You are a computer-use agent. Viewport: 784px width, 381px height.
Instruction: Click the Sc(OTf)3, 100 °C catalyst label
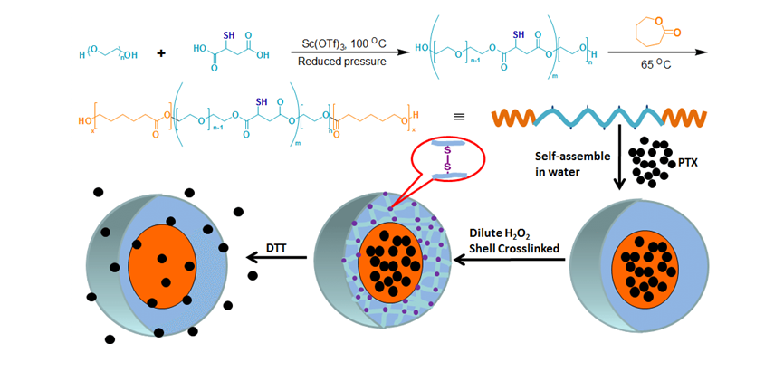345,43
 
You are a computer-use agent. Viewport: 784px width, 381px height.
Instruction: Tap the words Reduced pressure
344,62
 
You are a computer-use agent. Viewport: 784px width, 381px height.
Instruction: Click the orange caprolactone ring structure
654,35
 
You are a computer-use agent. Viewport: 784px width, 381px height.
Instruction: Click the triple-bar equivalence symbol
459,117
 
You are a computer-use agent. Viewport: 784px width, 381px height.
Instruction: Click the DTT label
279,245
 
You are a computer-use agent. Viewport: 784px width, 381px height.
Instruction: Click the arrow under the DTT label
278,259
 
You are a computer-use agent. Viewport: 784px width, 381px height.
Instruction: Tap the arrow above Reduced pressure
343,52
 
